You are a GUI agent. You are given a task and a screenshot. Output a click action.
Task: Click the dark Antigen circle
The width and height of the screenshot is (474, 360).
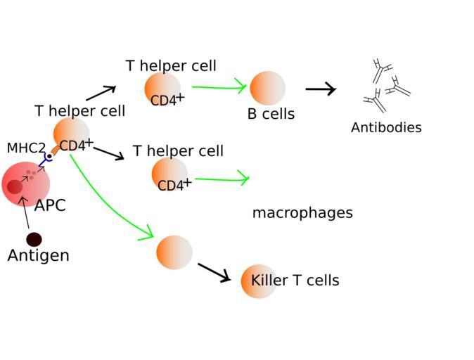[x=34, y=240]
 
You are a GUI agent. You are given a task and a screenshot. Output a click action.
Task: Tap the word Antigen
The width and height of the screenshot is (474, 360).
[x=38, y=256]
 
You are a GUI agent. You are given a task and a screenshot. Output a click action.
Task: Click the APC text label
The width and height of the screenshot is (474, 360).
[x=50, y=206]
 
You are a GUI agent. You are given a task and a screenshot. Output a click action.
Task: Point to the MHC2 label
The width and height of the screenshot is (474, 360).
[x=26, y=148]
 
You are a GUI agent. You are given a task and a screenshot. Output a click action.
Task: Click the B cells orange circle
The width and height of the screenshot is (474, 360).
[x=267, y=89]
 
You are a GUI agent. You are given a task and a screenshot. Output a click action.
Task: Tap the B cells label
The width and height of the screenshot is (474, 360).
[x=271, y=114]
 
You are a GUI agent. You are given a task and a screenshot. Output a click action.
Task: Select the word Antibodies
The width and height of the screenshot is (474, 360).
[x=386, y=128]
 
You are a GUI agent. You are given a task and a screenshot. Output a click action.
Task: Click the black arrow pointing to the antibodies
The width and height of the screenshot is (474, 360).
[x=320, y=89]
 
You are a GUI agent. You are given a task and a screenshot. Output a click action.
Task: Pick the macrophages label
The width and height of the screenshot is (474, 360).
[x=302, y=213]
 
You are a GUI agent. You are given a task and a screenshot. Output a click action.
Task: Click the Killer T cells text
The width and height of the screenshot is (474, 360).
[x=295, y=281]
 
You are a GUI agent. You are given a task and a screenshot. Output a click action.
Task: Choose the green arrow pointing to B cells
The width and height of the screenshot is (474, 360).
[x=219, y=87]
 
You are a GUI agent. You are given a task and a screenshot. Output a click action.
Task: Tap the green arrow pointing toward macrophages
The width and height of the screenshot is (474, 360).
[x=222, y=179]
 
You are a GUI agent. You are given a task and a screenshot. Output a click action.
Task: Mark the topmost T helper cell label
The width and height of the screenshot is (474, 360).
[x=171, y=66]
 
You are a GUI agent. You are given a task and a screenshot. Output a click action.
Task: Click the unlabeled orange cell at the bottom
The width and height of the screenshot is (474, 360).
[x=174, y=252]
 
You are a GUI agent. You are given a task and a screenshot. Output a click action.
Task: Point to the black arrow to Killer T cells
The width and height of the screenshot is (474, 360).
[x=214, y=272]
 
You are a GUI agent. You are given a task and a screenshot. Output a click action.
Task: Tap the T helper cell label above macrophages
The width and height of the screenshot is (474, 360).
[x=178, y=151]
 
